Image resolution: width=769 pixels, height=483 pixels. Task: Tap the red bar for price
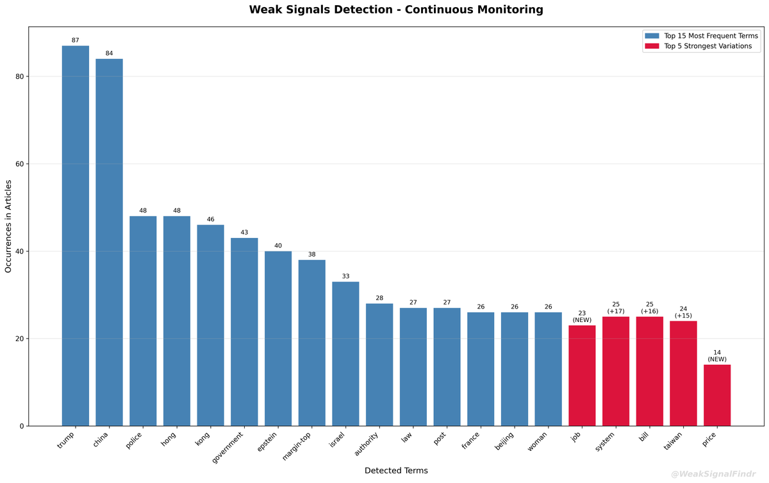pos(717,395)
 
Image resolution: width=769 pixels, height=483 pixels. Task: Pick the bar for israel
pos(345,353)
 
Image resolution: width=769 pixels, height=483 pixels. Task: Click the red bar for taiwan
pos(683,373)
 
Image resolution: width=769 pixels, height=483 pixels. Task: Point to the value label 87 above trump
pos(76,40)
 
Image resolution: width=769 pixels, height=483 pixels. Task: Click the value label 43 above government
pos(244,232)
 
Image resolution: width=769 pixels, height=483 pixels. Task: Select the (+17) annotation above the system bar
pos(616,311)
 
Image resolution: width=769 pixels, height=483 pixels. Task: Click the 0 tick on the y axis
pos(21,426)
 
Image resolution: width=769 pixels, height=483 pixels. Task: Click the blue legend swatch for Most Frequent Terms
pos(652,36)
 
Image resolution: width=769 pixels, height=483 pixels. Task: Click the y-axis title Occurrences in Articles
pos(9,226)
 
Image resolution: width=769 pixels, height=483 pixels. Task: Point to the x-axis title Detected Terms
pos(396,470)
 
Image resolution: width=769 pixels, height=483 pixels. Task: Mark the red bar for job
pos(582,375)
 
